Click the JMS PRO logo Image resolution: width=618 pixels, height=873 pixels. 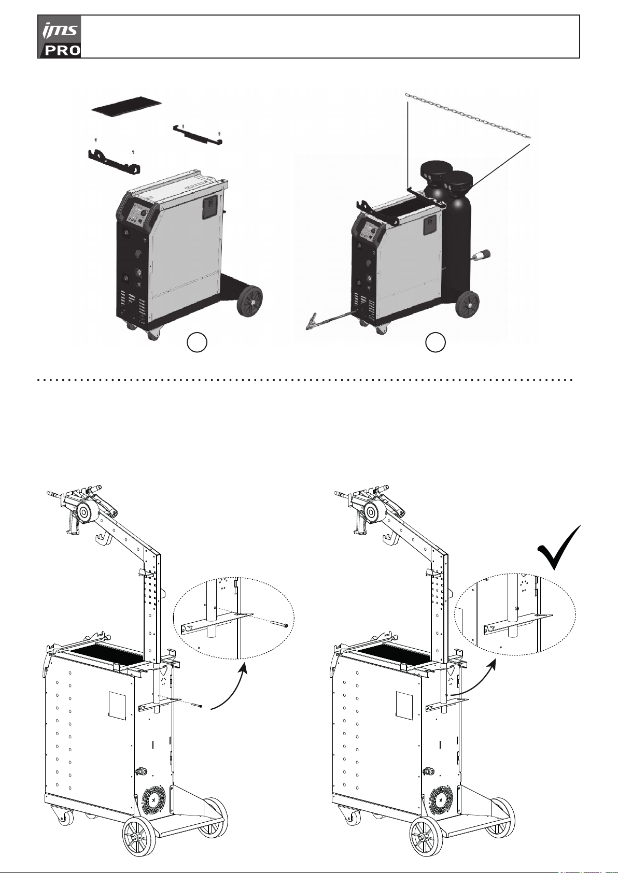[x=60, y=37]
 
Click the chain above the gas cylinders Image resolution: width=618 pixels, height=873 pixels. [x=468, y=116]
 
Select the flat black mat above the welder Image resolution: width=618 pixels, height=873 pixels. [x=127, y=105]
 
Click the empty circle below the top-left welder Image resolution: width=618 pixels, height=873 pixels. [x=197, y=342]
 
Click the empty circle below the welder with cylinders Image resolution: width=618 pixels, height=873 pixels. [x=435, y=342]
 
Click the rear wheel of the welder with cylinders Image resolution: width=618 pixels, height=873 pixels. [x=468, y=304]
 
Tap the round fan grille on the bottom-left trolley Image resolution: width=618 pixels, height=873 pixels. [x=153, y=800]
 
